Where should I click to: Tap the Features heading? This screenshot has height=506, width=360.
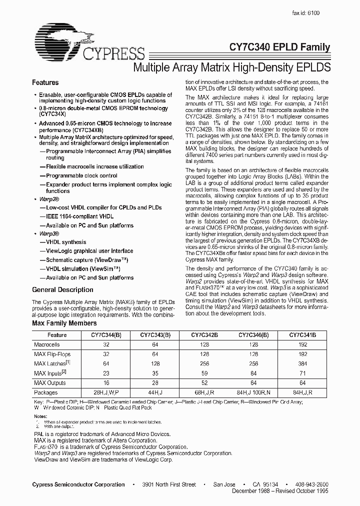[x=45, y=82]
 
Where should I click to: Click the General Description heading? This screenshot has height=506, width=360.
[x=62, y=289]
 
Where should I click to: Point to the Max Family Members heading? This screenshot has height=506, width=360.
[x=64, y=324]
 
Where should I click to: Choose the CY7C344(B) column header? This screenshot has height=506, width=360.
[x=105, y=335]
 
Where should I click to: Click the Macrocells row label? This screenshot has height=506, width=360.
[x=46, y=345]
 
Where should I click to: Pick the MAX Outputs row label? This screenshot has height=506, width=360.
[x=50, y=383]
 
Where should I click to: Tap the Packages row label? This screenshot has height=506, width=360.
[x=45, y=392]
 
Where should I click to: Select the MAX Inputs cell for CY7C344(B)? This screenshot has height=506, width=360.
[x=105, y=373]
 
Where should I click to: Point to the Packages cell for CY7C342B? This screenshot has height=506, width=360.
[x=203, y=392]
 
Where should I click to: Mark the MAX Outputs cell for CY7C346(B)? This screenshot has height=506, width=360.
[x=253, y=383]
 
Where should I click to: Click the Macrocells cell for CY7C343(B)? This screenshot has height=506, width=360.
[x=154, y=345]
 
